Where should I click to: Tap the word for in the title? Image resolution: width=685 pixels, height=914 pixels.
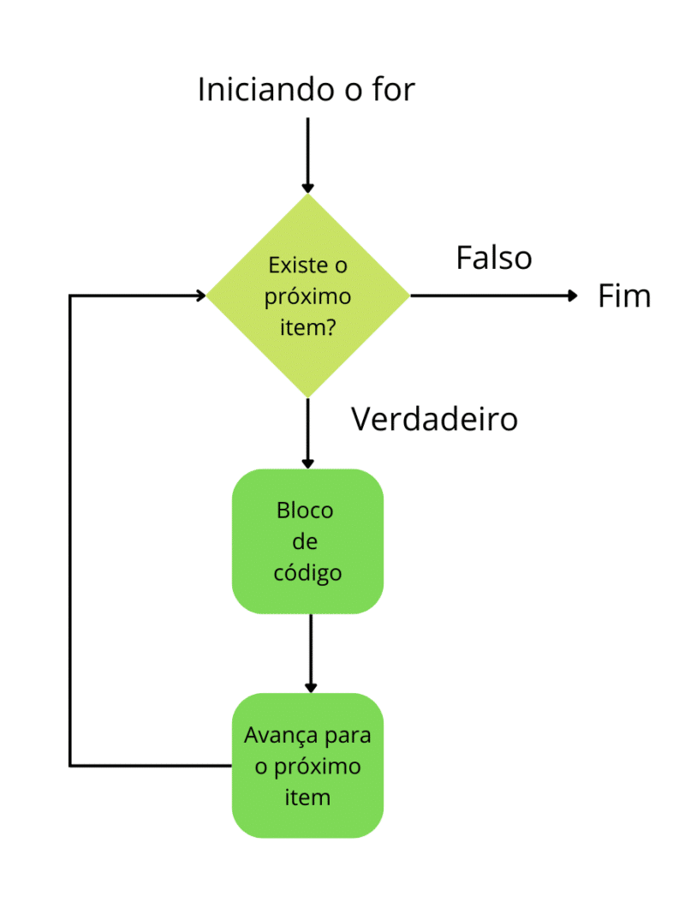click(x=393, y=89)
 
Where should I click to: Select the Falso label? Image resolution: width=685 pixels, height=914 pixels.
click(x=494, y=258)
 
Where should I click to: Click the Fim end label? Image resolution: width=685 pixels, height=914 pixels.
click(x=624, y=296)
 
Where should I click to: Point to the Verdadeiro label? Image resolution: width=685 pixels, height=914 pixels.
click(x=435, y=419)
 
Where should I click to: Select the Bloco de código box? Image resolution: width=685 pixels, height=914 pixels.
click(x=307, y=541)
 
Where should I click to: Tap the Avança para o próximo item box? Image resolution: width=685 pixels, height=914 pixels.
click(x=307, y=765)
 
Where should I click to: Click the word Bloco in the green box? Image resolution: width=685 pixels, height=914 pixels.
click(x=306, y=511)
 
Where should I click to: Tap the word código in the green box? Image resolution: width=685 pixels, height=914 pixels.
click(x=307, y=572)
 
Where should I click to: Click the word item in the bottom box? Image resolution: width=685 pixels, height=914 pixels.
click(x=307, y=797)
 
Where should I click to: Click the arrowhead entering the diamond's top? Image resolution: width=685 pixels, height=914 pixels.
click(x=308, y=188)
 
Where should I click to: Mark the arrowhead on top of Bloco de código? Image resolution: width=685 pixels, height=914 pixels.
click(x=308, y=463)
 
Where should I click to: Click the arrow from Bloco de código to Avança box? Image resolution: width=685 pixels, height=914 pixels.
click(x=311, y=651)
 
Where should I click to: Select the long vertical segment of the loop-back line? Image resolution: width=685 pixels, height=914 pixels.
click(x=70, y=531)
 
